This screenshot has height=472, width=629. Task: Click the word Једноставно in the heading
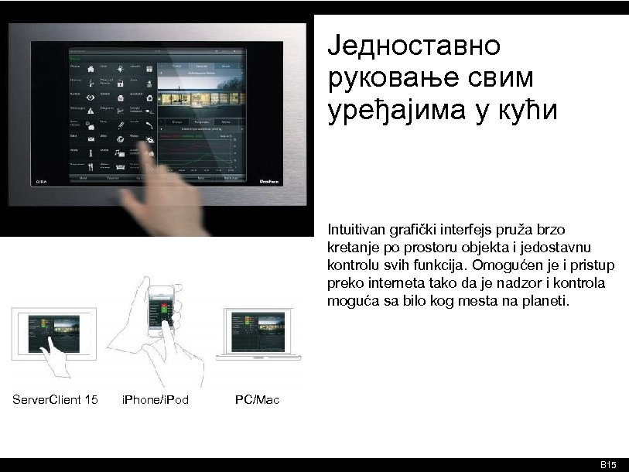[x=413, y=46]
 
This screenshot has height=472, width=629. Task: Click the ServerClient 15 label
[x=55, y=400]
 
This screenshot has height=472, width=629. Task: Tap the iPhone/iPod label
[x=156, y=400]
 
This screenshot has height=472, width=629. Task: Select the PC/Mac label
[x=257, y=400]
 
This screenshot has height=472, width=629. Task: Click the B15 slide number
[x=609, y=464]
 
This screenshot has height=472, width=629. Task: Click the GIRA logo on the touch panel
[x=43, y=183]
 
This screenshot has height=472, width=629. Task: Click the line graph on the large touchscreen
[x=195, y=151]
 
